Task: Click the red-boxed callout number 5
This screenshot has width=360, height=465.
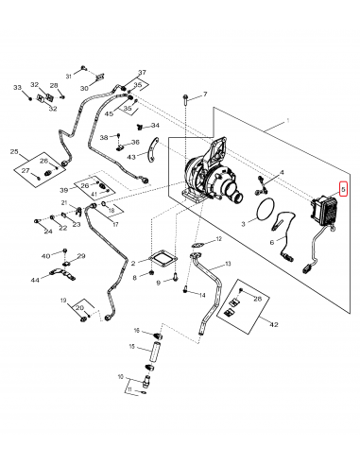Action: [x=344, y=189]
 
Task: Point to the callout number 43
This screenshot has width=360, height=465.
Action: [x=134, y=157]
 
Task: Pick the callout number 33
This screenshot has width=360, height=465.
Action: [x=16, y=88]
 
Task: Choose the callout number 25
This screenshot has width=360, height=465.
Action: [x=14, y=151]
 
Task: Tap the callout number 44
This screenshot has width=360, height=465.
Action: [x=35, y=280]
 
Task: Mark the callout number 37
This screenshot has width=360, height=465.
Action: [x=143, y=74]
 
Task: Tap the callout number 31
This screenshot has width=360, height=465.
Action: [x=69, y=75]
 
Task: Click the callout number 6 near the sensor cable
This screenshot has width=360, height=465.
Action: [x=272, y=243]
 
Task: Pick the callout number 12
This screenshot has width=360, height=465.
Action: [x=218, y=240]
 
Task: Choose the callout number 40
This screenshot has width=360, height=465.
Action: [x=44, y=256]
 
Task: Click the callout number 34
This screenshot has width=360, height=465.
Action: [x=155, y=125]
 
